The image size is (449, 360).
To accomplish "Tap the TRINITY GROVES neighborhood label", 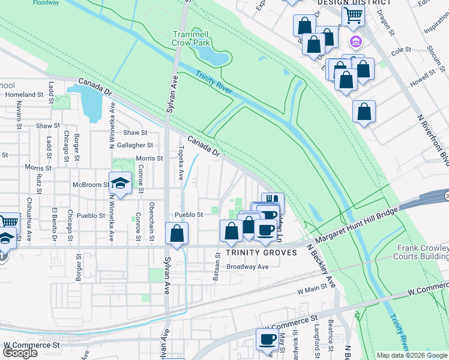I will (261, 253).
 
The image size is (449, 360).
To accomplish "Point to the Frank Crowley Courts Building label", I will (423, 252).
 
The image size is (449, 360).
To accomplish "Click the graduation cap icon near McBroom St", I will (121, 184).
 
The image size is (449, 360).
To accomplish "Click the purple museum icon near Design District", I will (355, 41).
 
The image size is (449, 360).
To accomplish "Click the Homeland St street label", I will (25, 95).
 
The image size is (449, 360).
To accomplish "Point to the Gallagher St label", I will (135, 145).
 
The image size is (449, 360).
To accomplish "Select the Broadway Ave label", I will (247, 267).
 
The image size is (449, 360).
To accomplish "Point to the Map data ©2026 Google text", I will (412, 355).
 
